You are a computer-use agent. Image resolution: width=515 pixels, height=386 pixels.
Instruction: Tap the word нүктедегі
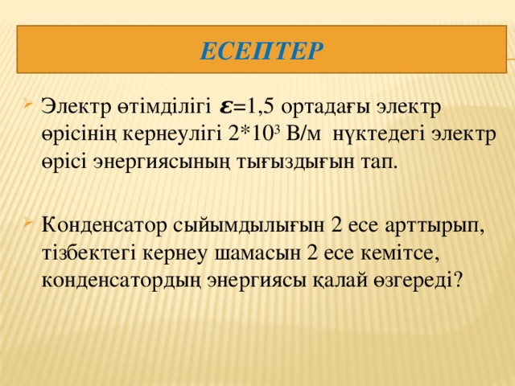pos(382,132)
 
